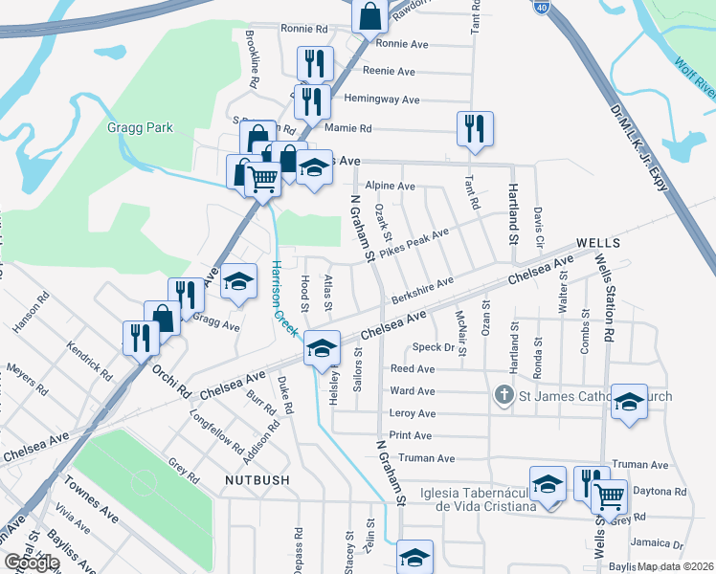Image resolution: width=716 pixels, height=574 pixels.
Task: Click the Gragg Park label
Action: [135, 127]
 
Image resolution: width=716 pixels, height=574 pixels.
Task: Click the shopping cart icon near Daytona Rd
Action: [608, 495]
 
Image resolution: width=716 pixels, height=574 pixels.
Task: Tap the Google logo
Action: [32, 563]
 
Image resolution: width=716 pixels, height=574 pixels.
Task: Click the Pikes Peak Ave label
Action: [414, 243]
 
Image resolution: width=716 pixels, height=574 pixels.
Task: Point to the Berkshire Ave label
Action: [421, 290]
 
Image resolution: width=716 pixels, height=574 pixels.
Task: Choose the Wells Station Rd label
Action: [604, 297]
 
